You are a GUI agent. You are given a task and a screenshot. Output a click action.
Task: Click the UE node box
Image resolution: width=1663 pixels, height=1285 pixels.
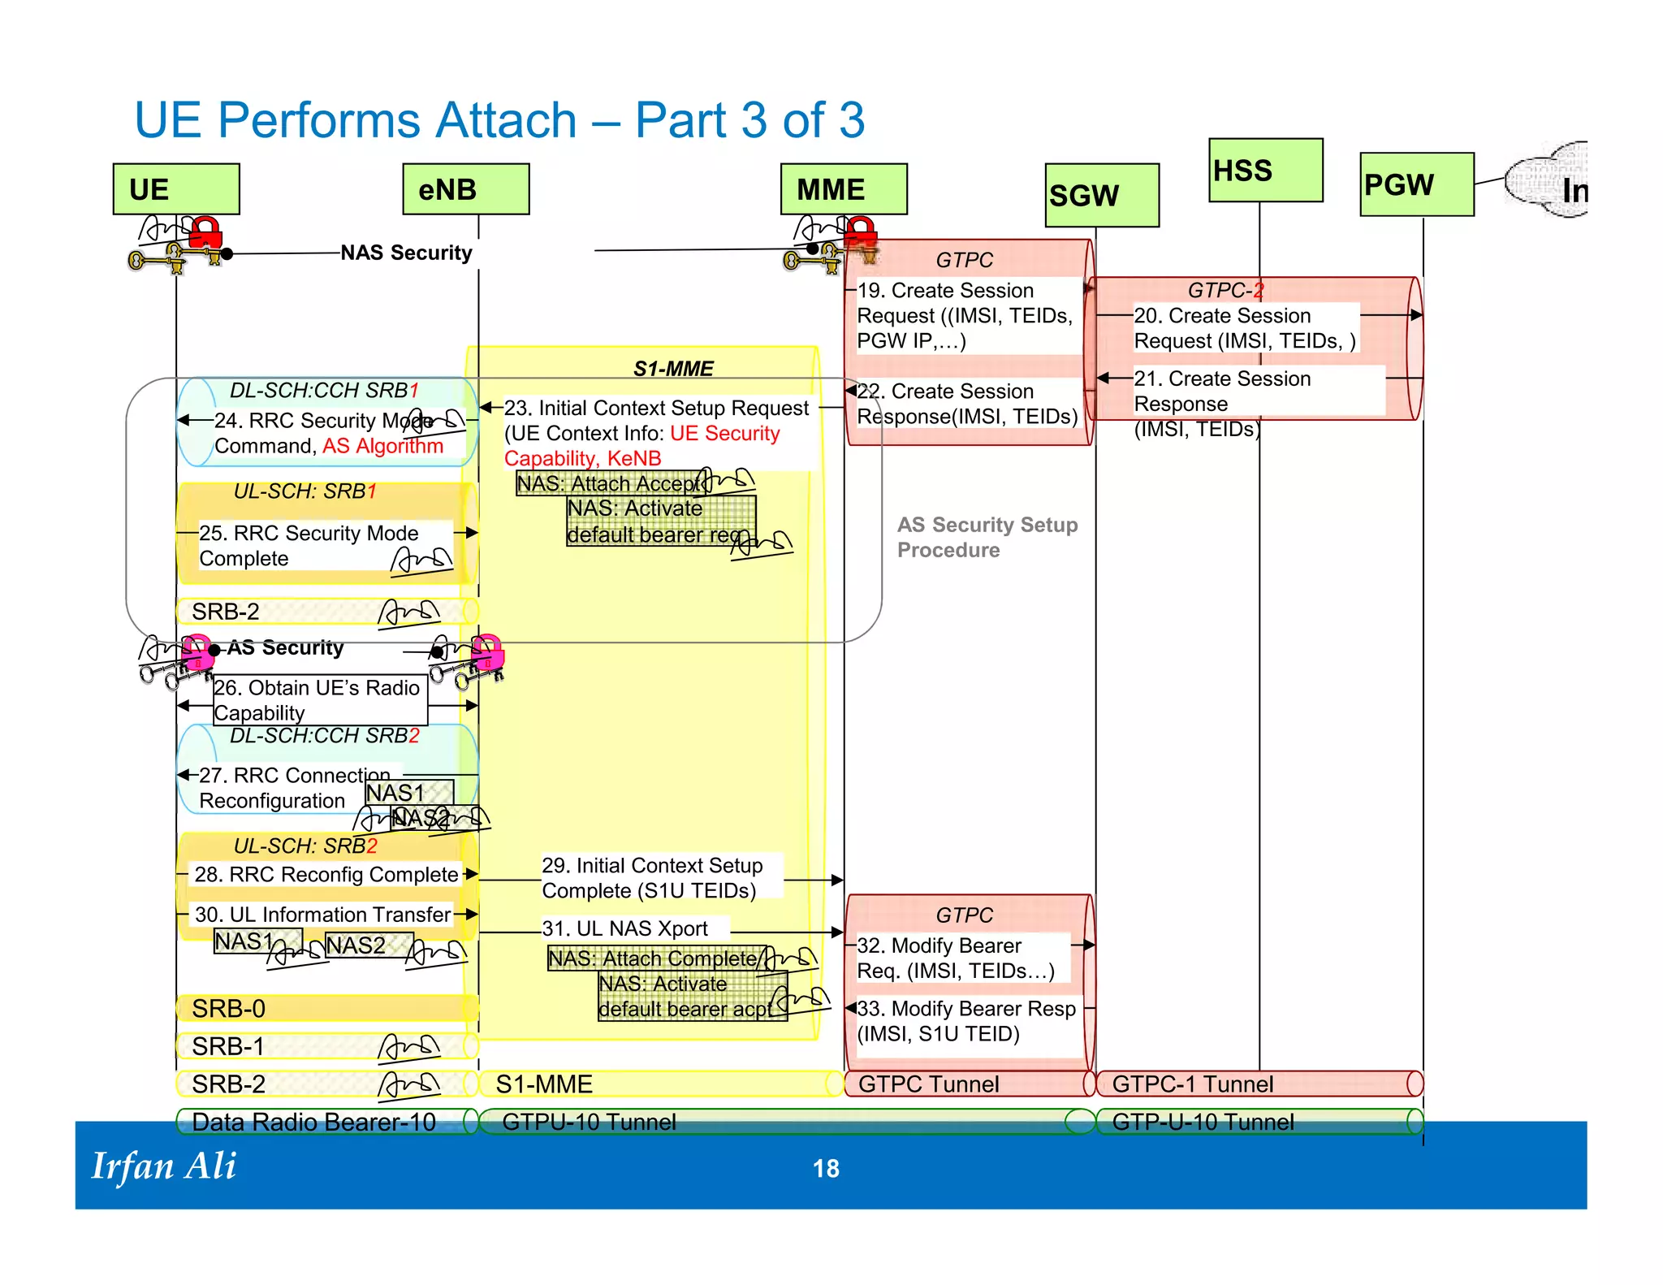176,189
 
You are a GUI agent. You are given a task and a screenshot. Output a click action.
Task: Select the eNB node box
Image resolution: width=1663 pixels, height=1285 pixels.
466,189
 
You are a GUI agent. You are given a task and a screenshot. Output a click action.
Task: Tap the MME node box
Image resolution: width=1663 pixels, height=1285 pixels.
844,189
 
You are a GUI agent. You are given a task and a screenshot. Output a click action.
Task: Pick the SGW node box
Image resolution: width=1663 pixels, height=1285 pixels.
1102,196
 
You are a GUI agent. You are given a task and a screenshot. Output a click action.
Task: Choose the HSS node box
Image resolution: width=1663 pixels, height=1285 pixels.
1265,171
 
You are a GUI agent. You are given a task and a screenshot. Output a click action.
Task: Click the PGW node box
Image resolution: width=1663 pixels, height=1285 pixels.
1416,184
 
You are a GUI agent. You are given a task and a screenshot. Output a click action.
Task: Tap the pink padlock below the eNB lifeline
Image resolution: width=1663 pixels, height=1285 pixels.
487,651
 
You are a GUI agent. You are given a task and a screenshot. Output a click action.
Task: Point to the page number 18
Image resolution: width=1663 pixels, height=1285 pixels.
826,1168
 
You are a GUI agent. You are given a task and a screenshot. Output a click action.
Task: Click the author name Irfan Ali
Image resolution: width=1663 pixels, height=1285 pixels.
163,1166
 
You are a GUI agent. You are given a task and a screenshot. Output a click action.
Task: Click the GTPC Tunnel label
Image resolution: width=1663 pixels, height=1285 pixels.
928,1084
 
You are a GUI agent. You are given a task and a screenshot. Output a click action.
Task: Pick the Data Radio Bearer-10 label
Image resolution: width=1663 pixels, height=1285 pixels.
313,1122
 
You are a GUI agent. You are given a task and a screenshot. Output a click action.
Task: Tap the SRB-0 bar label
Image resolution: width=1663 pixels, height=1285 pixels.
228,1008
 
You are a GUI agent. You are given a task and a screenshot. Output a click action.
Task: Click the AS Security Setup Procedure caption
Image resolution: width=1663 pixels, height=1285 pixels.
987,537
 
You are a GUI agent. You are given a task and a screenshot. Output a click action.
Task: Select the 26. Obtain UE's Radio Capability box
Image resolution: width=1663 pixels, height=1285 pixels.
319,699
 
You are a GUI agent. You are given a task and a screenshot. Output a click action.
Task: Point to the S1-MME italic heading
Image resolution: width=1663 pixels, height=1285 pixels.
673,369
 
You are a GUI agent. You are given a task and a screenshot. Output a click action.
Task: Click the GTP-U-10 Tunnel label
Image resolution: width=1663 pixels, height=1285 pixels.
1203,1122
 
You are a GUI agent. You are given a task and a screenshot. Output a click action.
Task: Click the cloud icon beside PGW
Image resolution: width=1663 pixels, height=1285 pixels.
1547,180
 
